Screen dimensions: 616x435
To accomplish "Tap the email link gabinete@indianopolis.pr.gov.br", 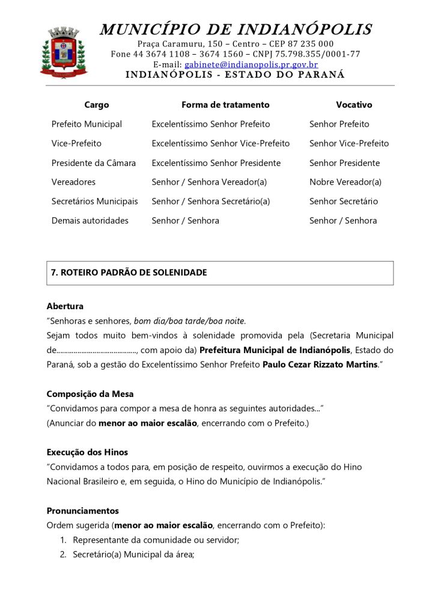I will pyautogui.click(x=251, y=64).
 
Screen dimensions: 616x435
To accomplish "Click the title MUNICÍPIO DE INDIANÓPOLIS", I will pyautogui.click(x=236, y=29).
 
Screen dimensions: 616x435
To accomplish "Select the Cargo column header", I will pyautogui.click(x=97, y=105).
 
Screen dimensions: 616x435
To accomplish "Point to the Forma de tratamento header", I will pyautogui.click(x=225, y=105).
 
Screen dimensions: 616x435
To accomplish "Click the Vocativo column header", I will pyautogui.click(x=354, y=105).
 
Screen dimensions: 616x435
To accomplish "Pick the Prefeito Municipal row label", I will pyautogui.click(x=87, y=124).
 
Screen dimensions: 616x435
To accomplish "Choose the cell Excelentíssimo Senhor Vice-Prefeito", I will pyautogui.click(x=221, y=143).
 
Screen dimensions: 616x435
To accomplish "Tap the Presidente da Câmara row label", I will pyautogui.click(x=94, y=163).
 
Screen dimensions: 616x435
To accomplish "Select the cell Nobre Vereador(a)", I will pyautogui.click(x=345, y=182).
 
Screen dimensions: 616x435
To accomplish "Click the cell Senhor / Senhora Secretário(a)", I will pyautogui.click(x=211, y=202).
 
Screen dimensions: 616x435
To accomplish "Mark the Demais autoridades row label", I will pyautogui.click(x=90, y=221).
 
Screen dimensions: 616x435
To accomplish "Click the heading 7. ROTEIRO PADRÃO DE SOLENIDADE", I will pyautogui.click(x=129, y=273).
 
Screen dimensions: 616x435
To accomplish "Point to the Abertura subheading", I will pyautogui.click(x=65, y=306).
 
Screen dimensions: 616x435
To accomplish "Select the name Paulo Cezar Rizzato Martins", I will pyautogui.click(x=320, y=365).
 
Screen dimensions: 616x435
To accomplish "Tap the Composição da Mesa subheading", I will pyautogui.click(x=90, y=394).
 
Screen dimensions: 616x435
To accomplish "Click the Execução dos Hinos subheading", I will pyautogui.click(x=87, y=452).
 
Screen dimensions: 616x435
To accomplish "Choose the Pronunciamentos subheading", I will pyautogui.click(x=83, y=511).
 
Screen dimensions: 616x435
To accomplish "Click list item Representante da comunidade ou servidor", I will pyautogui.click(x=156, y=540).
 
